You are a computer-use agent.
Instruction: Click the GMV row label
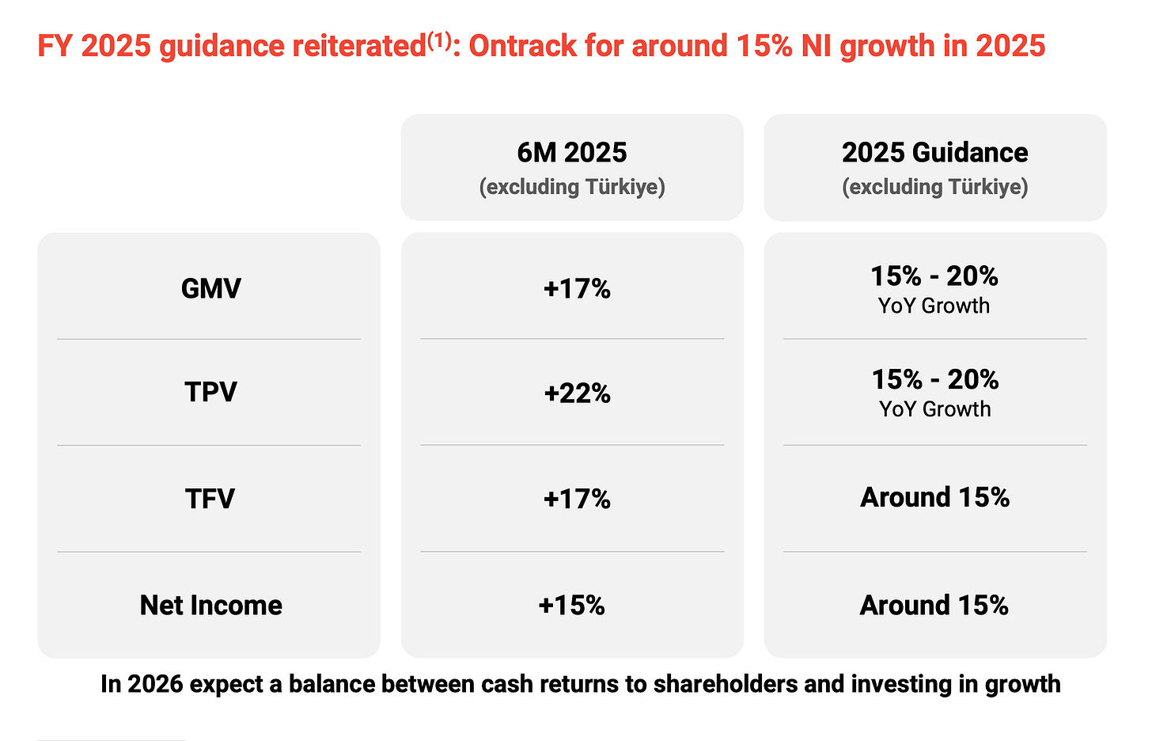click(210, 288)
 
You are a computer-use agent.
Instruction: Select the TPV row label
click(210, 392)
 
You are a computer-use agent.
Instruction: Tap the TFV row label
click(210, 499)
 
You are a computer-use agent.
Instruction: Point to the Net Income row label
click(210, 605)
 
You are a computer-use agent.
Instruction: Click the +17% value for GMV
click(577, 289)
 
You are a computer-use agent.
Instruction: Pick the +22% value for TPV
click(577, 393)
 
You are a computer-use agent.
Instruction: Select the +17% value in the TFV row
click(577, 499)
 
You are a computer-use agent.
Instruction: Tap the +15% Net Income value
click(571, 606)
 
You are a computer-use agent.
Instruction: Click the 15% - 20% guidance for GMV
click(934, 276)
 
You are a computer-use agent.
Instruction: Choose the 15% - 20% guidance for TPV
click(935, 380)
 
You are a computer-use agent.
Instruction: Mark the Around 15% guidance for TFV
click(935, 498)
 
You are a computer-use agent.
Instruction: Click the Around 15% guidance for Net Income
click(934, 605)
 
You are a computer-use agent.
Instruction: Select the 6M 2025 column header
click(572, 153)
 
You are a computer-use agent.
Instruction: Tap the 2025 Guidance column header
click(935, 153)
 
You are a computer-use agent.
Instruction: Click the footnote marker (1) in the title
click(438, 40)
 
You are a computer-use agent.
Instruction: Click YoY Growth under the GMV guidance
click(934, 306)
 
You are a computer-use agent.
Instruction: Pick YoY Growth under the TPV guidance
click(935, 409)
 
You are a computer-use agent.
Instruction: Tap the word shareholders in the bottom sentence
click(725, 684)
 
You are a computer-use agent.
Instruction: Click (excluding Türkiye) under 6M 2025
click(572, 187)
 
